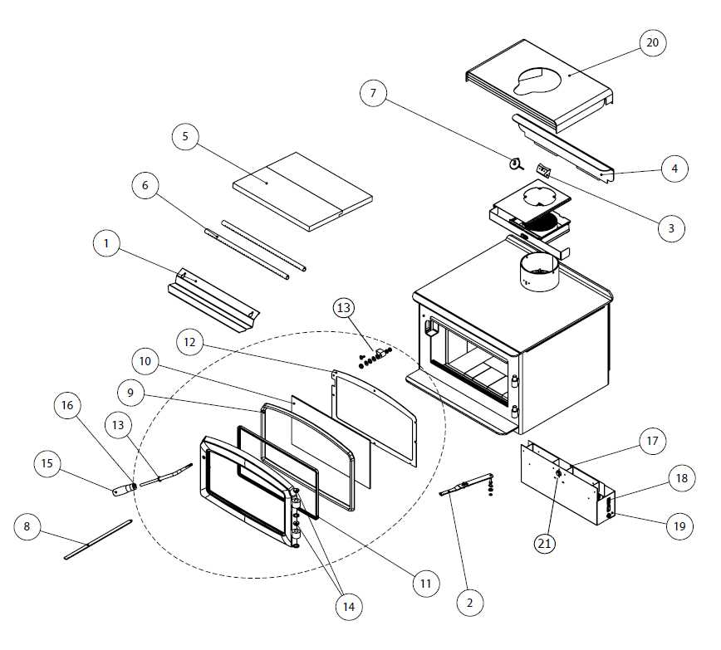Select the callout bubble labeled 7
(374, 94)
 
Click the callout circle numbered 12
(190, 342)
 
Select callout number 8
(27, 526)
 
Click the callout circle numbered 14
(348, 607)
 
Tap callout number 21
(545, 543)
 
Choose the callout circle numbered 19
(680, 525)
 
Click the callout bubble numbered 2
(469, 603)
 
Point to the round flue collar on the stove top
(538, 274)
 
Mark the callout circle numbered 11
(425, 584)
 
